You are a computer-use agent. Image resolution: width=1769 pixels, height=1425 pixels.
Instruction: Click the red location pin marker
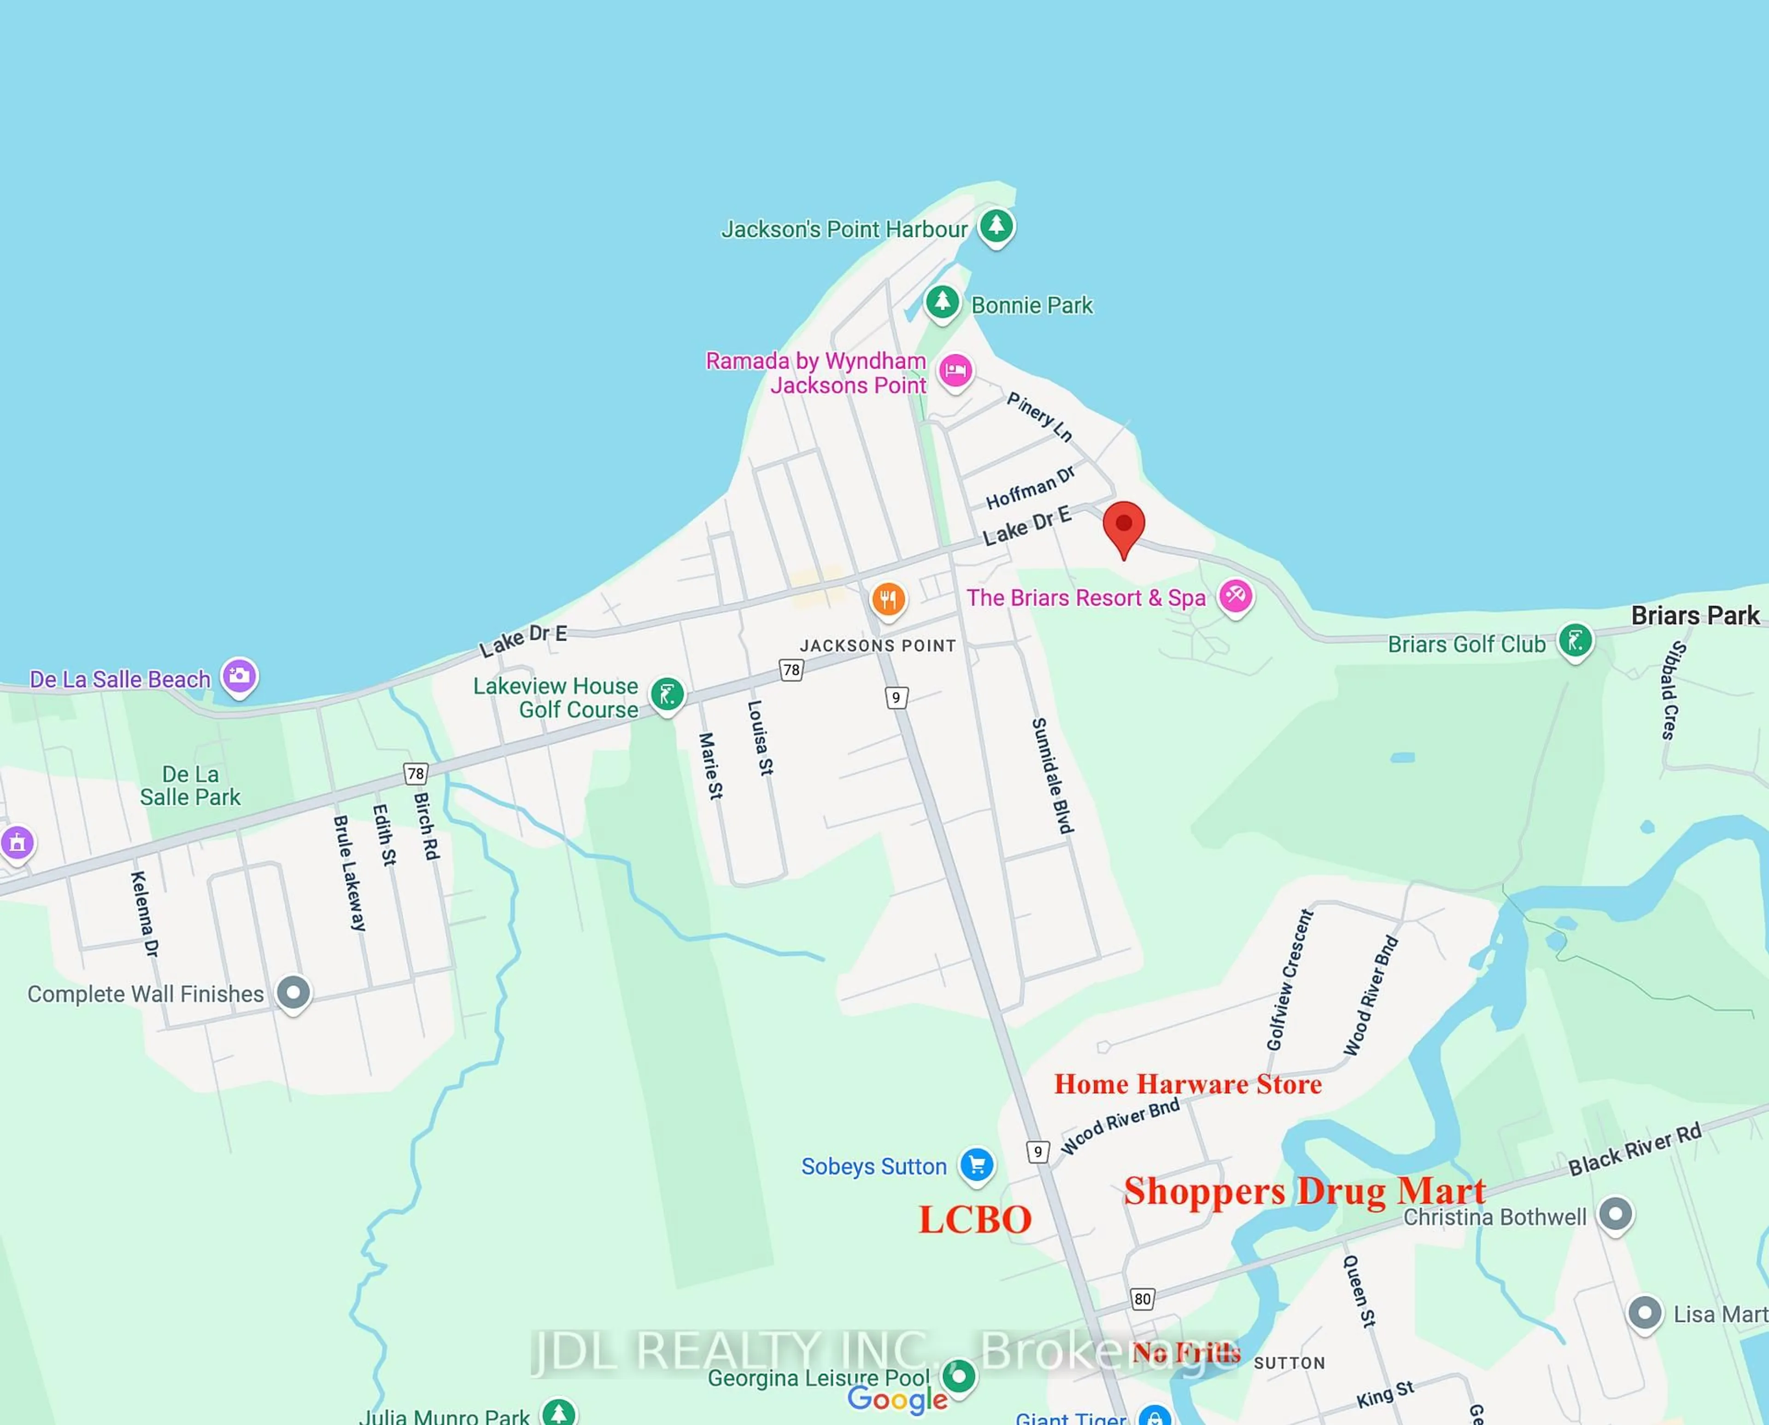[x=1123, y=525]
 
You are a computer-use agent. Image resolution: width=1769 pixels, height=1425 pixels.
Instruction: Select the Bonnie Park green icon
[x=942, y=302]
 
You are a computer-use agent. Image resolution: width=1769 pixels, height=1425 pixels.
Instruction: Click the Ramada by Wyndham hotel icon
[x=955, y=371]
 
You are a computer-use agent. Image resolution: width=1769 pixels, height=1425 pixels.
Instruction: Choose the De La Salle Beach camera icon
[x=239, y=677]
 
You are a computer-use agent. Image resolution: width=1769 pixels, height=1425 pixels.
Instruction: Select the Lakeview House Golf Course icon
[x=667, y=695]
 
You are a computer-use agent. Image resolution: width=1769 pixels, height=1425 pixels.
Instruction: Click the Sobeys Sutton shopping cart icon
[x=976, y=1164]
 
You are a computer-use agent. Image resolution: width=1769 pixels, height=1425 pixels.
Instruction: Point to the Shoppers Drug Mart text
[x=1304, y=1191]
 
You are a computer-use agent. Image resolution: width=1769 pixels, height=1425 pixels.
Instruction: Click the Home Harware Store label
[x=1187, y=1084]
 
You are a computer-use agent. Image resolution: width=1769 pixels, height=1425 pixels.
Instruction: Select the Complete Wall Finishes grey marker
[x=293, y=992]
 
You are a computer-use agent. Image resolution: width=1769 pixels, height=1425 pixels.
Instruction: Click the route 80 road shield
[x=1142, y=1299]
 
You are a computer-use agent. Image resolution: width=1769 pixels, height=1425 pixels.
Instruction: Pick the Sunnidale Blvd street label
[x=1052, y=776]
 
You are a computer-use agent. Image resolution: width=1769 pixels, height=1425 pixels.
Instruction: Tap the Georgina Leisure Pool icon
[x=958, y=1375]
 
